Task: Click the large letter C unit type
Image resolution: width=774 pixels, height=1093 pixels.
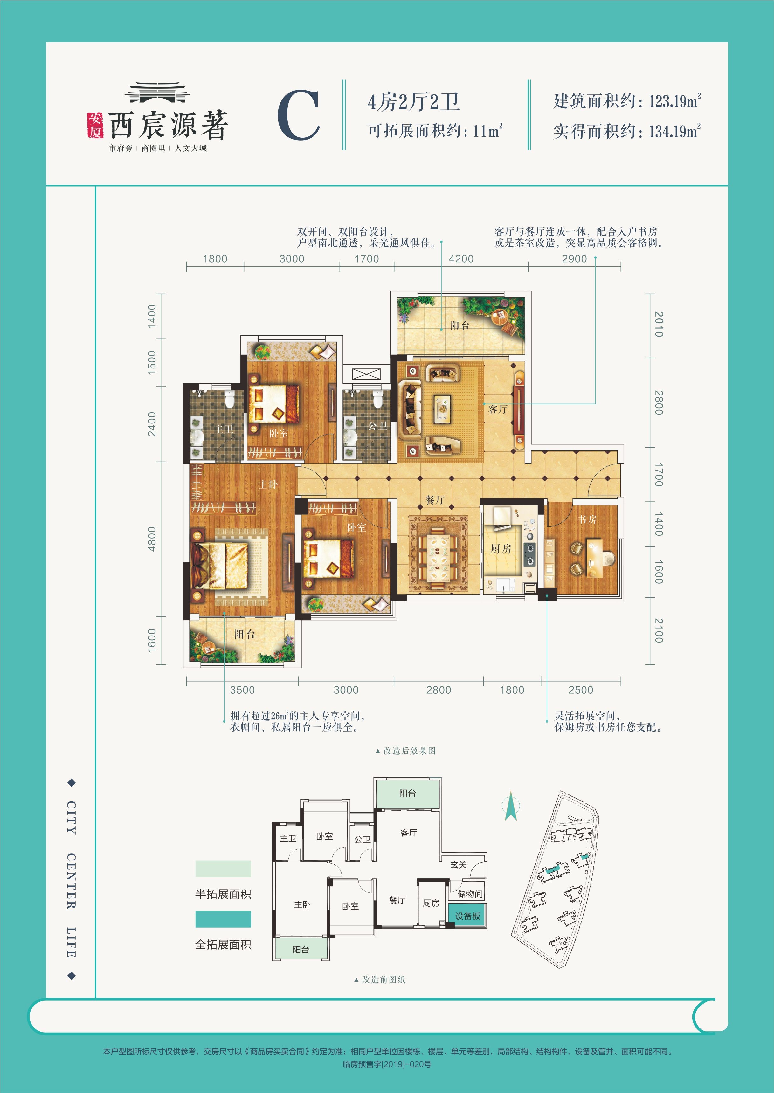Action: [299, 115]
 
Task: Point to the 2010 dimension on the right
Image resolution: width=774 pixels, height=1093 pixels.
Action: [659, 324]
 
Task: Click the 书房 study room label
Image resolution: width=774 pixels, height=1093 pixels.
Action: [587, 519]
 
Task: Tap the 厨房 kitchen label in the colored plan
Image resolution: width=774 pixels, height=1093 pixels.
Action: [501, 549]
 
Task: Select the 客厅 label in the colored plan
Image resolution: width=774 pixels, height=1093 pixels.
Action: [498, 409]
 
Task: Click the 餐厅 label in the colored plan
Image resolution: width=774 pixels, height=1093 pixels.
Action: [435, 500]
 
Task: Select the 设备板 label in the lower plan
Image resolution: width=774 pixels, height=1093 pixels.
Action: [467, 916]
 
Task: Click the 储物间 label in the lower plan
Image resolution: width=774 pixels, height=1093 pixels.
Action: [470, 894]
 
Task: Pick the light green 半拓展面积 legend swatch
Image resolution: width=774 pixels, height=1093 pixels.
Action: [223, 869]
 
